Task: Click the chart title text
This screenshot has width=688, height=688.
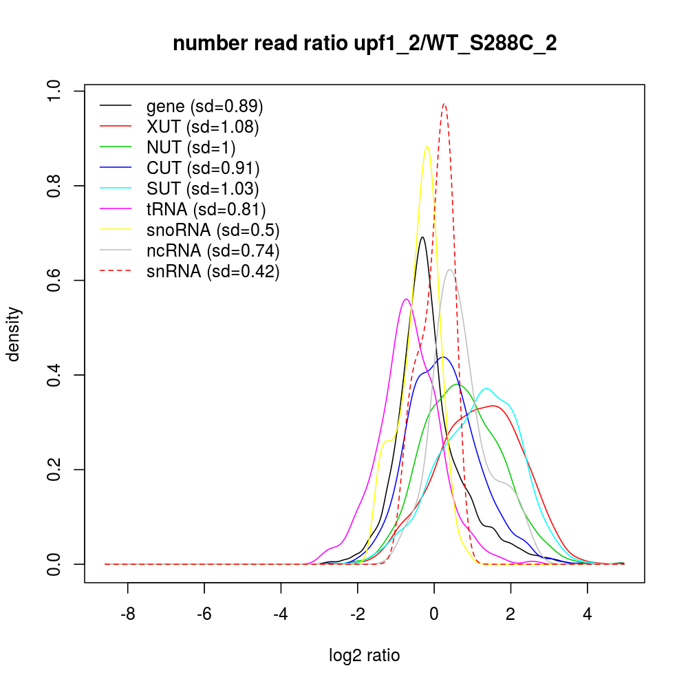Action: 365,44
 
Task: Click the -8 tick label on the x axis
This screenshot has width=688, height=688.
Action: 127,614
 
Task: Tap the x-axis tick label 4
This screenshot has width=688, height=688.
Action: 587,614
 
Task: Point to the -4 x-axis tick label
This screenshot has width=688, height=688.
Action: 280,614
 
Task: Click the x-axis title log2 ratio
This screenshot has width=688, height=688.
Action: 365,655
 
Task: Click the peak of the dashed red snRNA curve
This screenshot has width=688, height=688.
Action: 444,105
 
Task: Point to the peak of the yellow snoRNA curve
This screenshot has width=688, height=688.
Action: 427,146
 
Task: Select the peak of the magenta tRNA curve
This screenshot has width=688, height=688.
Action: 407,299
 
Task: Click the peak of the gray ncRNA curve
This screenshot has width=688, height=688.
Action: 450,270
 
